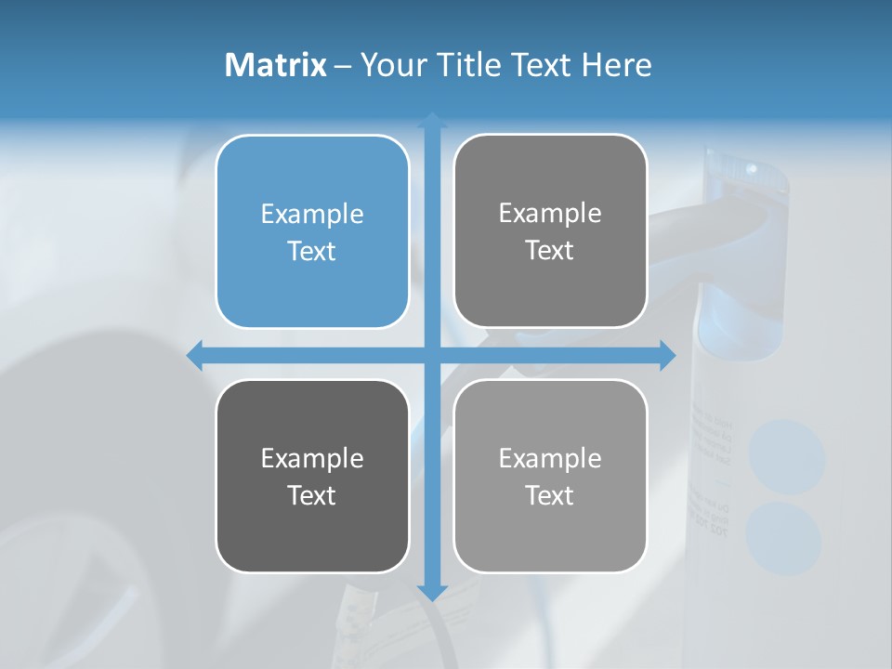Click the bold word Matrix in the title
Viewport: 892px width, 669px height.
click(x=275, y=65)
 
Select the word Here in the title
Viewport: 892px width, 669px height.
click(x=617, y=65)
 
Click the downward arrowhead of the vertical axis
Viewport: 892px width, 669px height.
click(x=432, y=592)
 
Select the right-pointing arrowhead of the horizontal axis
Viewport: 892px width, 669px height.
click(x=667, y=355)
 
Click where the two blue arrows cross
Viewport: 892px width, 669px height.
click(x=432, y=355)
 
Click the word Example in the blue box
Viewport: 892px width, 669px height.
click(x=312, y=215)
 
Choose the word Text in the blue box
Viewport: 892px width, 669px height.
click(x=312, y=252)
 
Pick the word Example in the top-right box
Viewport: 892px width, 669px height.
click(x=550, y=214)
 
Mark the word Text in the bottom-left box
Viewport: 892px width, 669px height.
click(x=312, y=495)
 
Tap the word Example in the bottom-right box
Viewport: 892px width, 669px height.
click(x=550, y=458)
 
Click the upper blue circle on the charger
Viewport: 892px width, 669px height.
click(x=786, y=456)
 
